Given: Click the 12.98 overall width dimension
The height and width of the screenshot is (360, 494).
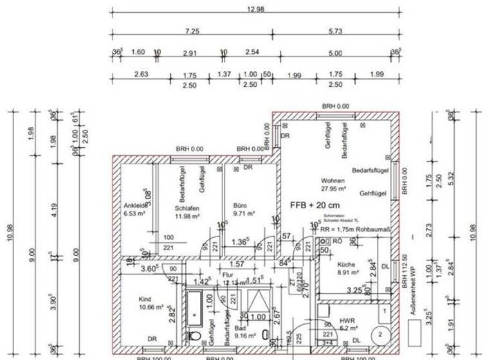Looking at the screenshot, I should point(255,9).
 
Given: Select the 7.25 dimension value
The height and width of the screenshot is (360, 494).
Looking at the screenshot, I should point(191,31).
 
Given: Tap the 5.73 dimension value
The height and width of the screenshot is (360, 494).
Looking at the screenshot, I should point(334,31).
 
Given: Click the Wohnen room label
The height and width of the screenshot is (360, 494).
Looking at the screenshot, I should point(333,181).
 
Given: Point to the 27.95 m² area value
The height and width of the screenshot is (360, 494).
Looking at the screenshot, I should point(334,190).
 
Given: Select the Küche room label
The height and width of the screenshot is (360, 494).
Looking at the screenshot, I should point(347,265).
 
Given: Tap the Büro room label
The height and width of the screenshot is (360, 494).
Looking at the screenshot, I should point(240,205).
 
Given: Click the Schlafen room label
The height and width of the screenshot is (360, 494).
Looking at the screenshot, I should point(186,208).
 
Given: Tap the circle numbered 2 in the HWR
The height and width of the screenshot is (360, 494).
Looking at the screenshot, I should point(380,335).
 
